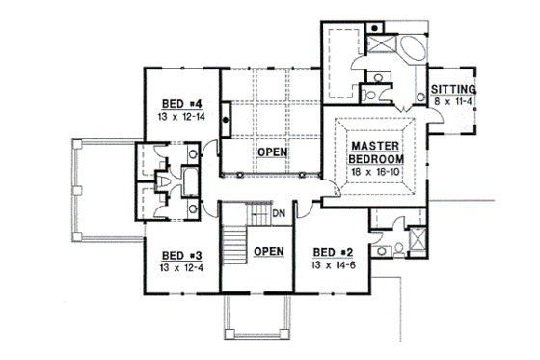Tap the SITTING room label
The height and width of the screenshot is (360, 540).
coord(453,90)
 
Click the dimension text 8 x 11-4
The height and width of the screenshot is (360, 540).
coord(453,101)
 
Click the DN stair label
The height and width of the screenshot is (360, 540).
coord(278,213)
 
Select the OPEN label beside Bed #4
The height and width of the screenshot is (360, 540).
coord(271,152)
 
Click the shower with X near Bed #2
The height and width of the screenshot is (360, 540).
coord(417,237)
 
